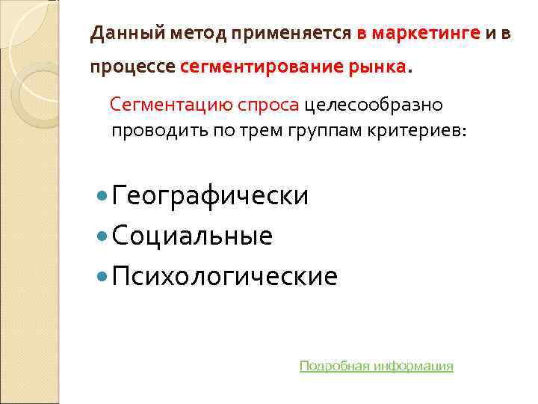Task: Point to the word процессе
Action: (132, 67)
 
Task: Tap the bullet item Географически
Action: (211, 196)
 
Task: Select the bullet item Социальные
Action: (194, 236)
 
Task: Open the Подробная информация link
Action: (376, 366)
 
